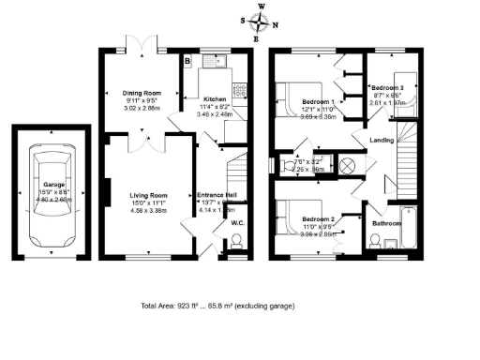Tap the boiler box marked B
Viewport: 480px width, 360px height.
[187, 62]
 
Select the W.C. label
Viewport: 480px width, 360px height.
[237, 223]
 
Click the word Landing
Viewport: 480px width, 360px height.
[382, 140]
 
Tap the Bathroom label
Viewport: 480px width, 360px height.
[386, 224]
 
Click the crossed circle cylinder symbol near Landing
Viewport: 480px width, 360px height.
[349, 166]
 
